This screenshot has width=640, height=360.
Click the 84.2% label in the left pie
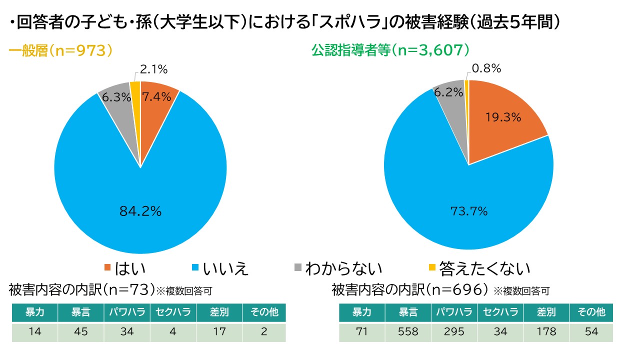[140, 211]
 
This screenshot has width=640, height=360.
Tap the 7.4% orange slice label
[157, 97]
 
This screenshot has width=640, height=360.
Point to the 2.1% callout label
[153, 69]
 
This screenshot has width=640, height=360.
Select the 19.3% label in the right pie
[503, 117]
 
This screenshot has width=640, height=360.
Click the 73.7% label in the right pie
[469, 211]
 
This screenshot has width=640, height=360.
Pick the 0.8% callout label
[486, 68]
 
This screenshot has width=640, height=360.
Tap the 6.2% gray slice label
[448, 92]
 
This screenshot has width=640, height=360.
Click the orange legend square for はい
[107, 267]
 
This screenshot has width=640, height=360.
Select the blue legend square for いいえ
[195, 267]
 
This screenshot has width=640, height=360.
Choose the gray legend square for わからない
[298, 267]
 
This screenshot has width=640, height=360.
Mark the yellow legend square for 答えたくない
[432, 267]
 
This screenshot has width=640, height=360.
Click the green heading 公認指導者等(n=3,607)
[390, 50]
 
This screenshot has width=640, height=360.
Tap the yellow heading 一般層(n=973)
[60, 51]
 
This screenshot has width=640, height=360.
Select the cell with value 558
[408, 332]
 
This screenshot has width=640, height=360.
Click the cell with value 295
[454, 332]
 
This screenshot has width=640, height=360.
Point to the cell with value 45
[81, 332]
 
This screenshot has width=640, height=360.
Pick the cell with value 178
[546, 332]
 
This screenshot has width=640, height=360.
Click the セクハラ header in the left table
[173, 312]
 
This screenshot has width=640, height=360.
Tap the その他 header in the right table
[591, 312]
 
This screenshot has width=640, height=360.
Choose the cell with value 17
[219, 332]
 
